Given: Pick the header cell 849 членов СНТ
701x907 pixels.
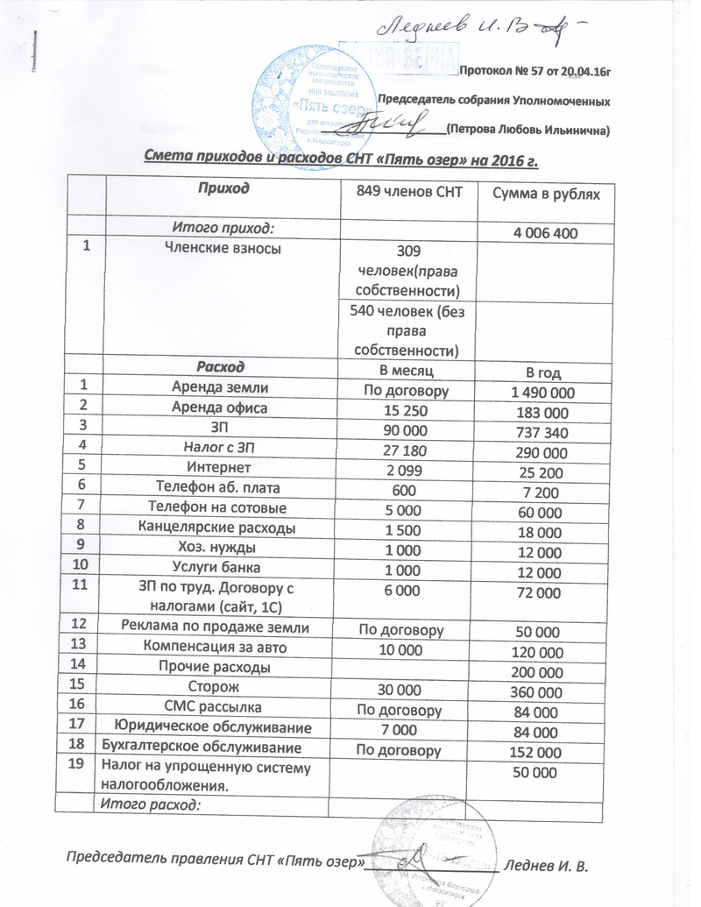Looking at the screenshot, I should click(x=406, y=193).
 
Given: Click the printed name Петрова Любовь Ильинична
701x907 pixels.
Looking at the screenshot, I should click(x=527, y=130).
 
